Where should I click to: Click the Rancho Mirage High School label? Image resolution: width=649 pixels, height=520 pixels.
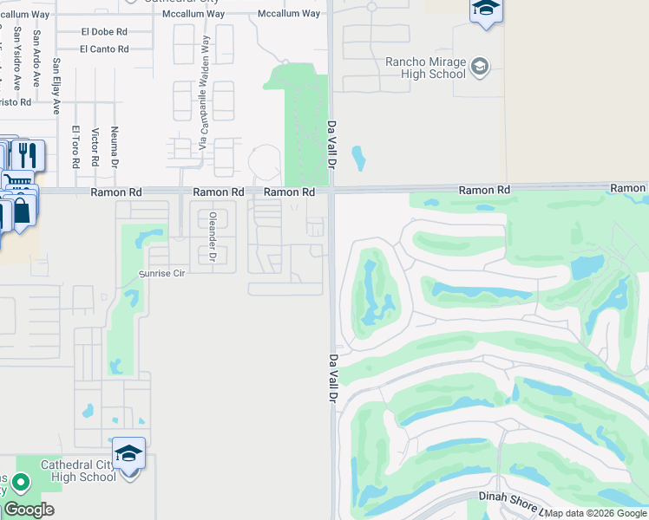click(x=425, y=68)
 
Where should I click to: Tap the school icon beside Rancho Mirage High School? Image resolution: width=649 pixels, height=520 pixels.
click(x=479, y=67)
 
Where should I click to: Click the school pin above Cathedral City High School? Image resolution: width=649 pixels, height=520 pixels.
click(x=128, y=454)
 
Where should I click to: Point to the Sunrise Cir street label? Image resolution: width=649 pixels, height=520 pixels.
click(x=163, y=273)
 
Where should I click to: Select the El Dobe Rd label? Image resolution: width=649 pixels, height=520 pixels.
click(x=104, y=31)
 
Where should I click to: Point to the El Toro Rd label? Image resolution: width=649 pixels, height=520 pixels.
click(x=75, y=146)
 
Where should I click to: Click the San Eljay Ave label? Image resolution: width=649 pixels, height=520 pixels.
click(x=56, y=87)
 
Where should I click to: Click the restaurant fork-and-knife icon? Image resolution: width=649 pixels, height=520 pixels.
click(x=27, y=155)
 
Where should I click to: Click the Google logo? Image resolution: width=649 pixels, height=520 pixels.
click(x=29, y=510)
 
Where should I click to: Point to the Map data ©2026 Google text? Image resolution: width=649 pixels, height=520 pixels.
click(x=596, y=513)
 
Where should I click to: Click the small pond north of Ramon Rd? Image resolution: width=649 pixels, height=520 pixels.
click(x=358, y=159)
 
